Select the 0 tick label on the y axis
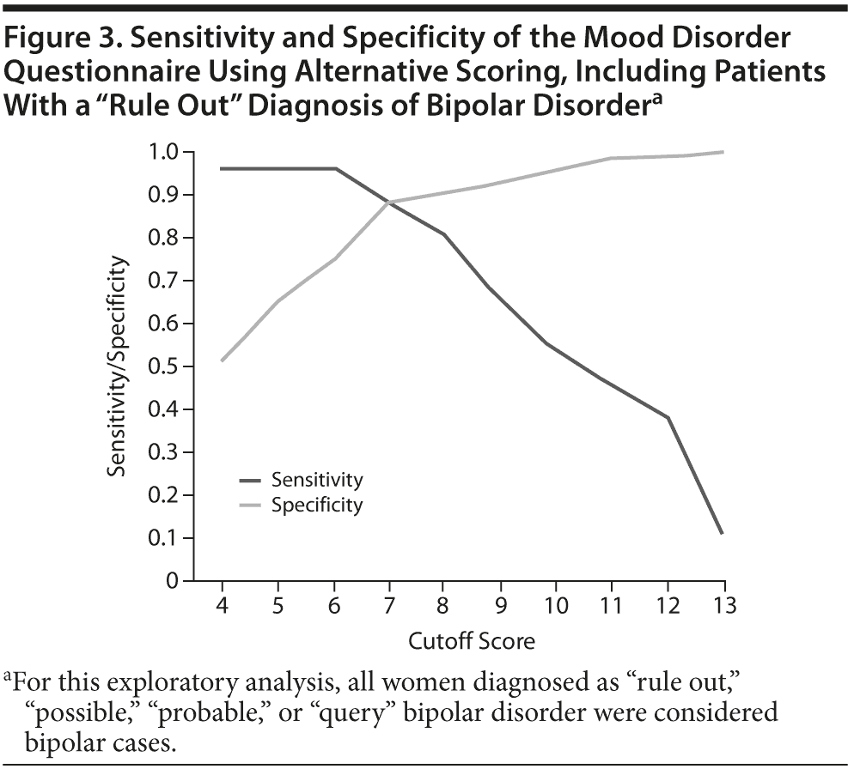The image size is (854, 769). tap(172, 581)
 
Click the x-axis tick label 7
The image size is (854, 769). tap(389, 605)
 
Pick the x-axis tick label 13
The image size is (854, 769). tap(723, 605)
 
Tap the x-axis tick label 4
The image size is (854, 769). tap(222, 605)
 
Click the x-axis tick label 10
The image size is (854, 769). tap(556, 605)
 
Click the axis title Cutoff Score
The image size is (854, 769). tap(472, 641)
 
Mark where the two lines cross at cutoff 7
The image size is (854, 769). tap(389, 203)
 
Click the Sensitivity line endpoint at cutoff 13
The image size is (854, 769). tap(723, 534)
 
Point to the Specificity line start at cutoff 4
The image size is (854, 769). tap(222, 360)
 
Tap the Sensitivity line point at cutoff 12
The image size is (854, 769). tap(668, 418)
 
